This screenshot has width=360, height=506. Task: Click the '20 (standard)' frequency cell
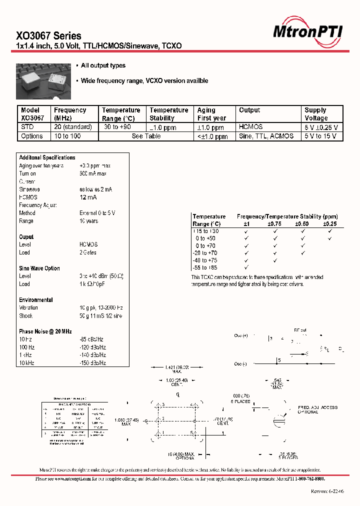tap(73, 127)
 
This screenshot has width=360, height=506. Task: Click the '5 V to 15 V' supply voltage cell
tap(320, 136)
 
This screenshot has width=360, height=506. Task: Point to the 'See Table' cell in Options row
tap(146, 136)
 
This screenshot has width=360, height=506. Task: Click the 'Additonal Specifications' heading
tap(47, 157)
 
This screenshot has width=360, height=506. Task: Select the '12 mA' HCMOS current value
tap(88, 197)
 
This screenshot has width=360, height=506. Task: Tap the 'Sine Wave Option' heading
tap(39, 268)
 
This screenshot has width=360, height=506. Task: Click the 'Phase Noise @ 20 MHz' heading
tap(45, 331)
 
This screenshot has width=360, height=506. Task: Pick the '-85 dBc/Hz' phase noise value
tap(92, 339)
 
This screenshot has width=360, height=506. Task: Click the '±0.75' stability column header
tap(274, 224)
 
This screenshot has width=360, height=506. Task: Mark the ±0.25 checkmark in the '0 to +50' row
tap(330, 238)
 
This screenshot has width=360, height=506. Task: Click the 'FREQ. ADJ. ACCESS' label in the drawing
tap(317, 407)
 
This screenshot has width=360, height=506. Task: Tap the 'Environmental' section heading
tap(36, 300)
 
